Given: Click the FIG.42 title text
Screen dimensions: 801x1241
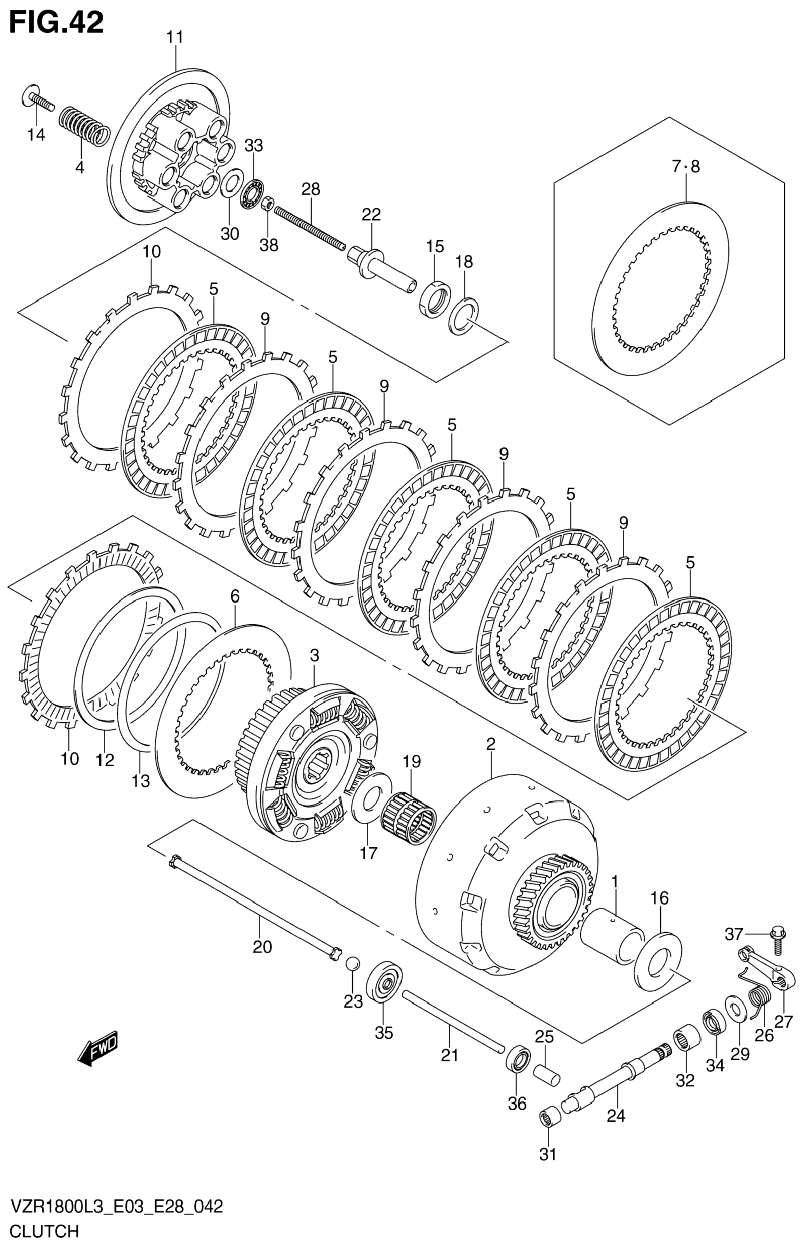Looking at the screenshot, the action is [56, 23].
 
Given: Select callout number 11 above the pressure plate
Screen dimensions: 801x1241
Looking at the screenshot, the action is [175, 38].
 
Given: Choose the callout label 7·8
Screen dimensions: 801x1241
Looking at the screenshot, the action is [686, 167].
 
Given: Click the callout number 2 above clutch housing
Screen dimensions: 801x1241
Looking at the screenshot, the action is [491, 745].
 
